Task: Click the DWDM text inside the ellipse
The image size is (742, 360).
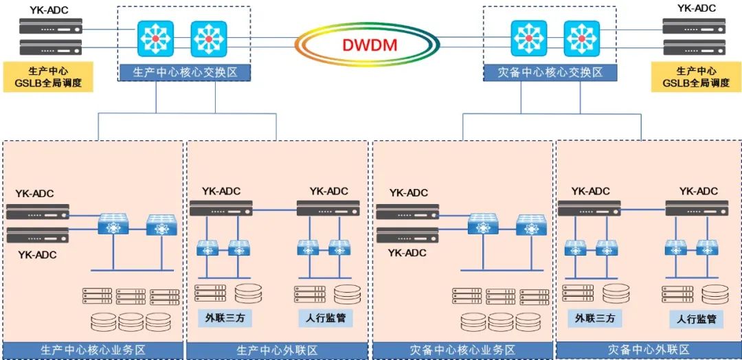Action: tap(371, 46)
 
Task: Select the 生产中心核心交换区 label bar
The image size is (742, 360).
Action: tap(183, 72)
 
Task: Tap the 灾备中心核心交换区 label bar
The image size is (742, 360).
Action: tap(550, 72)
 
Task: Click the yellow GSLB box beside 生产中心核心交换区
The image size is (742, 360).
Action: tap(48, 77)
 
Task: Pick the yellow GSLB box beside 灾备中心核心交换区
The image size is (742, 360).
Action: tap(696, 77)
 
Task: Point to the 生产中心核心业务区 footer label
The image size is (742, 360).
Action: tap(93, 350)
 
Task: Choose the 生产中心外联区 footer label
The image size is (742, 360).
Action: tap(278, 350)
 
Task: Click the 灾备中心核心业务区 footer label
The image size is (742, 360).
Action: tap(462, 350)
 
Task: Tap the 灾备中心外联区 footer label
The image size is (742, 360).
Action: tap(649, 350)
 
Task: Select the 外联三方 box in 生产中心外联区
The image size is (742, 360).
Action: tap(219, 317)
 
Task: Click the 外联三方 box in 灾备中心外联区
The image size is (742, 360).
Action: tap(595, 318)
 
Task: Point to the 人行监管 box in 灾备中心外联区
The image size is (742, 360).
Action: tap(697, 319)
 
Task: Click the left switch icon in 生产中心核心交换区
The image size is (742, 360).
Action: tap(155, 38)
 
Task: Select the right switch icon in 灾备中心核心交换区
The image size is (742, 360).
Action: tap(582, 38)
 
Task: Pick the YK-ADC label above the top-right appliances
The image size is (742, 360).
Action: tap(697, 8)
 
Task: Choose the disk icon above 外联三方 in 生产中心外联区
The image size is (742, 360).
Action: tap(248, 293)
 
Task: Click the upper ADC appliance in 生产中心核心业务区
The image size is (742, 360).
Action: tap(38, 212)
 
